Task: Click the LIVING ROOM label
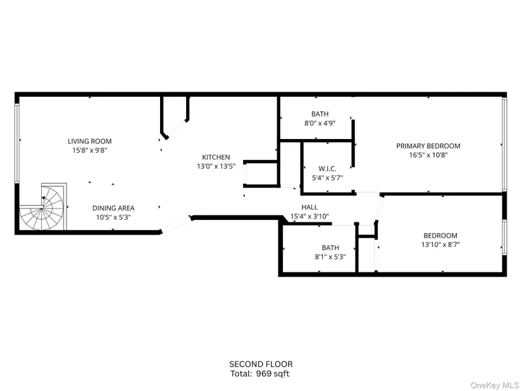90,141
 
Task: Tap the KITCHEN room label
216,157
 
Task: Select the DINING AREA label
113,208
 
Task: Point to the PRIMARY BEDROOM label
428,146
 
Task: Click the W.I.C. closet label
328,169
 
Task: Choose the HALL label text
309,207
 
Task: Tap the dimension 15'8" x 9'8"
90,150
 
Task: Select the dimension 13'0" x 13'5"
216,166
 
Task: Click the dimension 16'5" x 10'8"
428,155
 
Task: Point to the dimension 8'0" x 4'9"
320,123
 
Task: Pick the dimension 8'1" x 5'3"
330,257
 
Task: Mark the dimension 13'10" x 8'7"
440,244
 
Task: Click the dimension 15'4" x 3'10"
309,217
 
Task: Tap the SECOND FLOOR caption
261,364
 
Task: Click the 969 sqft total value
273,374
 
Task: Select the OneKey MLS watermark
494,385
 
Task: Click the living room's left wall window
16,143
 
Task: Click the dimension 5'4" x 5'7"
328,178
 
